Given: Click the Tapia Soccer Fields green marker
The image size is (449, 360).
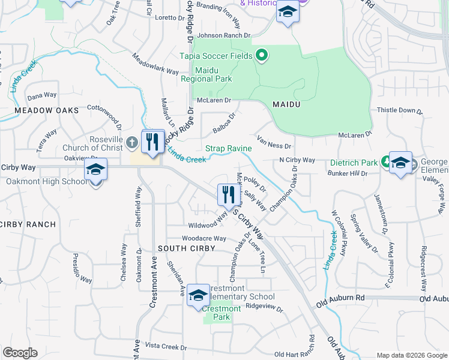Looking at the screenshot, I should pyautogui.click(x=261, y=56).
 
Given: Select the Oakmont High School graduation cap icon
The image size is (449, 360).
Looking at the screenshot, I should pyautogui.click(x=95, y=170).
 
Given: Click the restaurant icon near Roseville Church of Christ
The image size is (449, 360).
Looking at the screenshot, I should pyautogui.click(x=152, y=142).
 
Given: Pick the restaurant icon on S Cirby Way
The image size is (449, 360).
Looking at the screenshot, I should pyautogui.click(x=227, y=194).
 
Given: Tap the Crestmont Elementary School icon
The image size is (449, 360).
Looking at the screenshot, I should pyautogui.click(x=198, y=295).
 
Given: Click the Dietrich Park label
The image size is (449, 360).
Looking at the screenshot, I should pyautogui.click(x=354, y=163).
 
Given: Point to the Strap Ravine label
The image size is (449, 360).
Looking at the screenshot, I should pyautogui.click(x=229, y=148).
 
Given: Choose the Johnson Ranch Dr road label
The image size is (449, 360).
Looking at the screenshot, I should pyautogui.click(x=223, y=35).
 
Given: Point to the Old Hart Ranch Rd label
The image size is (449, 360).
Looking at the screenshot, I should pyautogui.click(x=311, y=347).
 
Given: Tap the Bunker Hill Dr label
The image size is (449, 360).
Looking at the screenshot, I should pyautogui.click(x=348, y=173).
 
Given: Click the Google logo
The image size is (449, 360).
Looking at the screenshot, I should pyautogui.click(x=20, y=353).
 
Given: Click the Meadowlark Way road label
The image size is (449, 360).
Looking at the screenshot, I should pyautogui.click(x=155, y=65).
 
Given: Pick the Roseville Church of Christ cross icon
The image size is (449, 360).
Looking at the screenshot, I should pyautogui.click(x=133, y=142).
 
